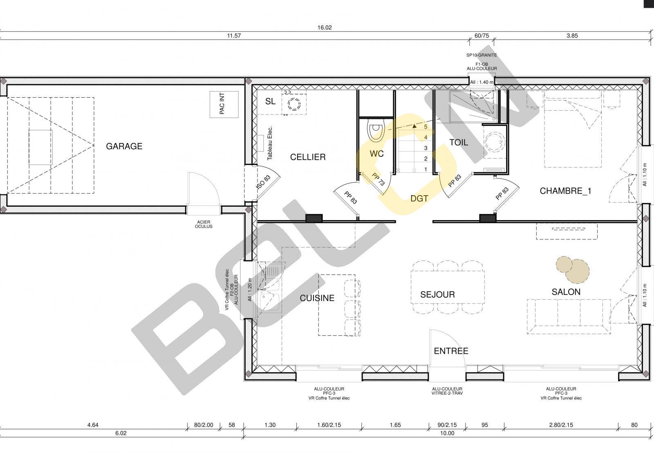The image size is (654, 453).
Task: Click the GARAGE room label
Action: pyautogui.click(x=124, y=146)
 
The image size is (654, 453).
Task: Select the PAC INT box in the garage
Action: pyautogui.click(x=224, y=105)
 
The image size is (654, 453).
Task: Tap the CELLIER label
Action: pyautogui.click(x=308, y=157)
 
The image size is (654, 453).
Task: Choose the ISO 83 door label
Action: pyautogui.click(x=263, y=182)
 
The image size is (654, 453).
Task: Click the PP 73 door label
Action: pyautogui.click(x=379, y=179)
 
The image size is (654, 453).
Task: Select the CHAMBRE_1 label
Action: pyautogui.click(x=566, y=191)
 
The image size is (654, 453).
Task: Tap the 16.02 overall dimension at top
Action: pyautogui.click(x=325, y=28)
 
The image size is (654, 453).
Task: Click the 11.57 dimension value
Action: pyautogui.click(x=234, y=36)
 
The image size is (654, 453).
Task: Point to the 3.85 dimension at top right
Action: pyautogui.click(x=572, y=36)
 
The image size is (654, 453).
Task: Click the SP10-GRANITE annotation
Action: pyautogui.click(x=482, y=55)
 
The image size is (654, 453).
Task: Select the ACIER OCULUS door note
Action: pyautogui.click(x=204, y=224)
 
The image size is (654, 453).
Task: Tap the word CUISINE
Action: pyautogui.click(x=317, y=298)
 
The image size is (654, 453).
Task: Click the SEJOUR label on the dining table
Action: pyautogui.click(x=437, y=295)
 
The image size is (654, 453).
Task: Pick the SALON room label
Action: pyautogui.click(x=566, y=292)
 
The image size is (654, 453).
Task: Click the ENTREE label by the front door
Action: pyautogui.click(x=451, y=351)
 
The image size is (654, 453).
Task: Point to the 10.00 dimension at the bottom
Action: pyautogui.click(x=447, y=433)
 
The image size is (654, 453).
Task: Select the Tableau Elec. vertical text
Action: pyautogui.click(x=270, y=143)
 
